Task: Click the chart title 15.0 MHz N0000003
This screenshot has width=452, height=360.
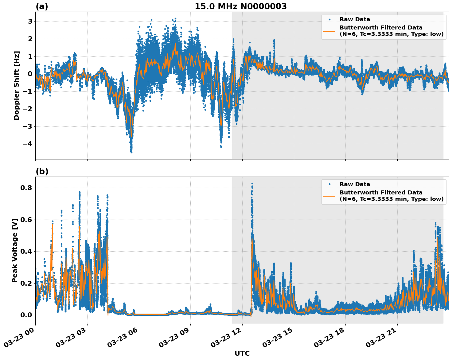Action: pyautogui.click(x=241, y=6)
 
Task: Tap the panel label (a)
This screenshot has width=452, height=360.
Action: pyautogui.click(x=42, y=6)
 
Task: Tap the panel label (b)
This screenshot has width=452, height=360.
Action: pyautogui.click(x=42, y=171)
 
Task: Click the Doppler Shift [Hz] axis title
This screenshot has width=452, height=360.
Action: pyautogui.click(x=17, y=85)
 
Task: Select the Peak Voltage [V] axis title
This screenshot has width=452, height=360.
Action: pyautogui.click(x=15, y=250)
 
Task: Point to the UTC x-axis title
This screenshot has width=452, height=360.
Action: pyautogui.click(x=242, y=353)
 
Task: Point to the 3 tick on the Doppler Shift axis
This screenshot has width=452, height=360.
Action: pyautogui.click(x=30, y=21)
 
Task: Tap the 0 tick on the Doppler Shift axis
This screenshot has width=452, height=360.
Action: pyautogui.click(x=30, y=74)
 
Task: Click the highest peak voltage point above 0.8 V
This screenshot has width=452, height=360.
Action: pyautogui.click(x=252, y=183)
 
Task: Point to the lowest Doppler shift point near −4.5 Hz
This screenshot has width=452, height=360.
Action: pyautogui.click(x=131, y=152)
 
